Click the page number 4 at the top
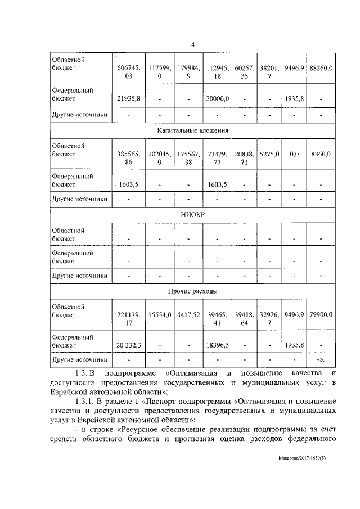(192, 46)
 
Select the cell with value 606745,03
(128, 72)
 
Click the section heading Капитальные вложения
(192, 130)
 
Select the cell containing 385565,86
(128, 158)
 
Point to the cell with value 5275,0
(268, 154)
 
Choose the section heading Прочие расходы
(192, 291)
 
